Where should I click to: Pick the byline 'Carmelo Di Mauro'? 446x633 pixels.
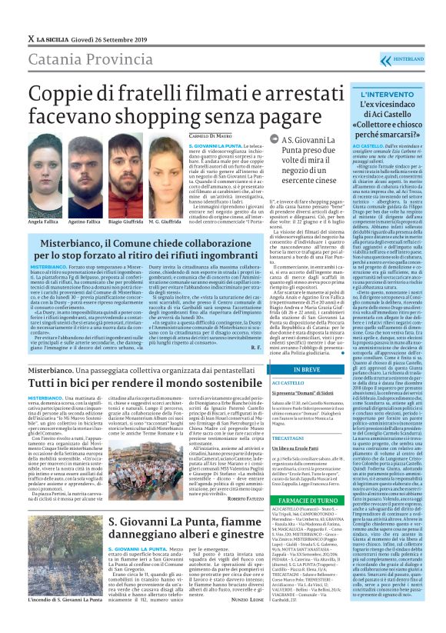(x=211, y=136)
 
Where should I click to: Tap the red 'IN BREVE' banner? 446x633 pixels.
(x=307, y=368)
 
